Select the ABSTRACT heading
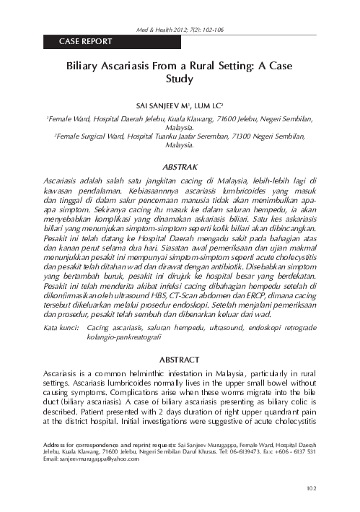180,358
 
